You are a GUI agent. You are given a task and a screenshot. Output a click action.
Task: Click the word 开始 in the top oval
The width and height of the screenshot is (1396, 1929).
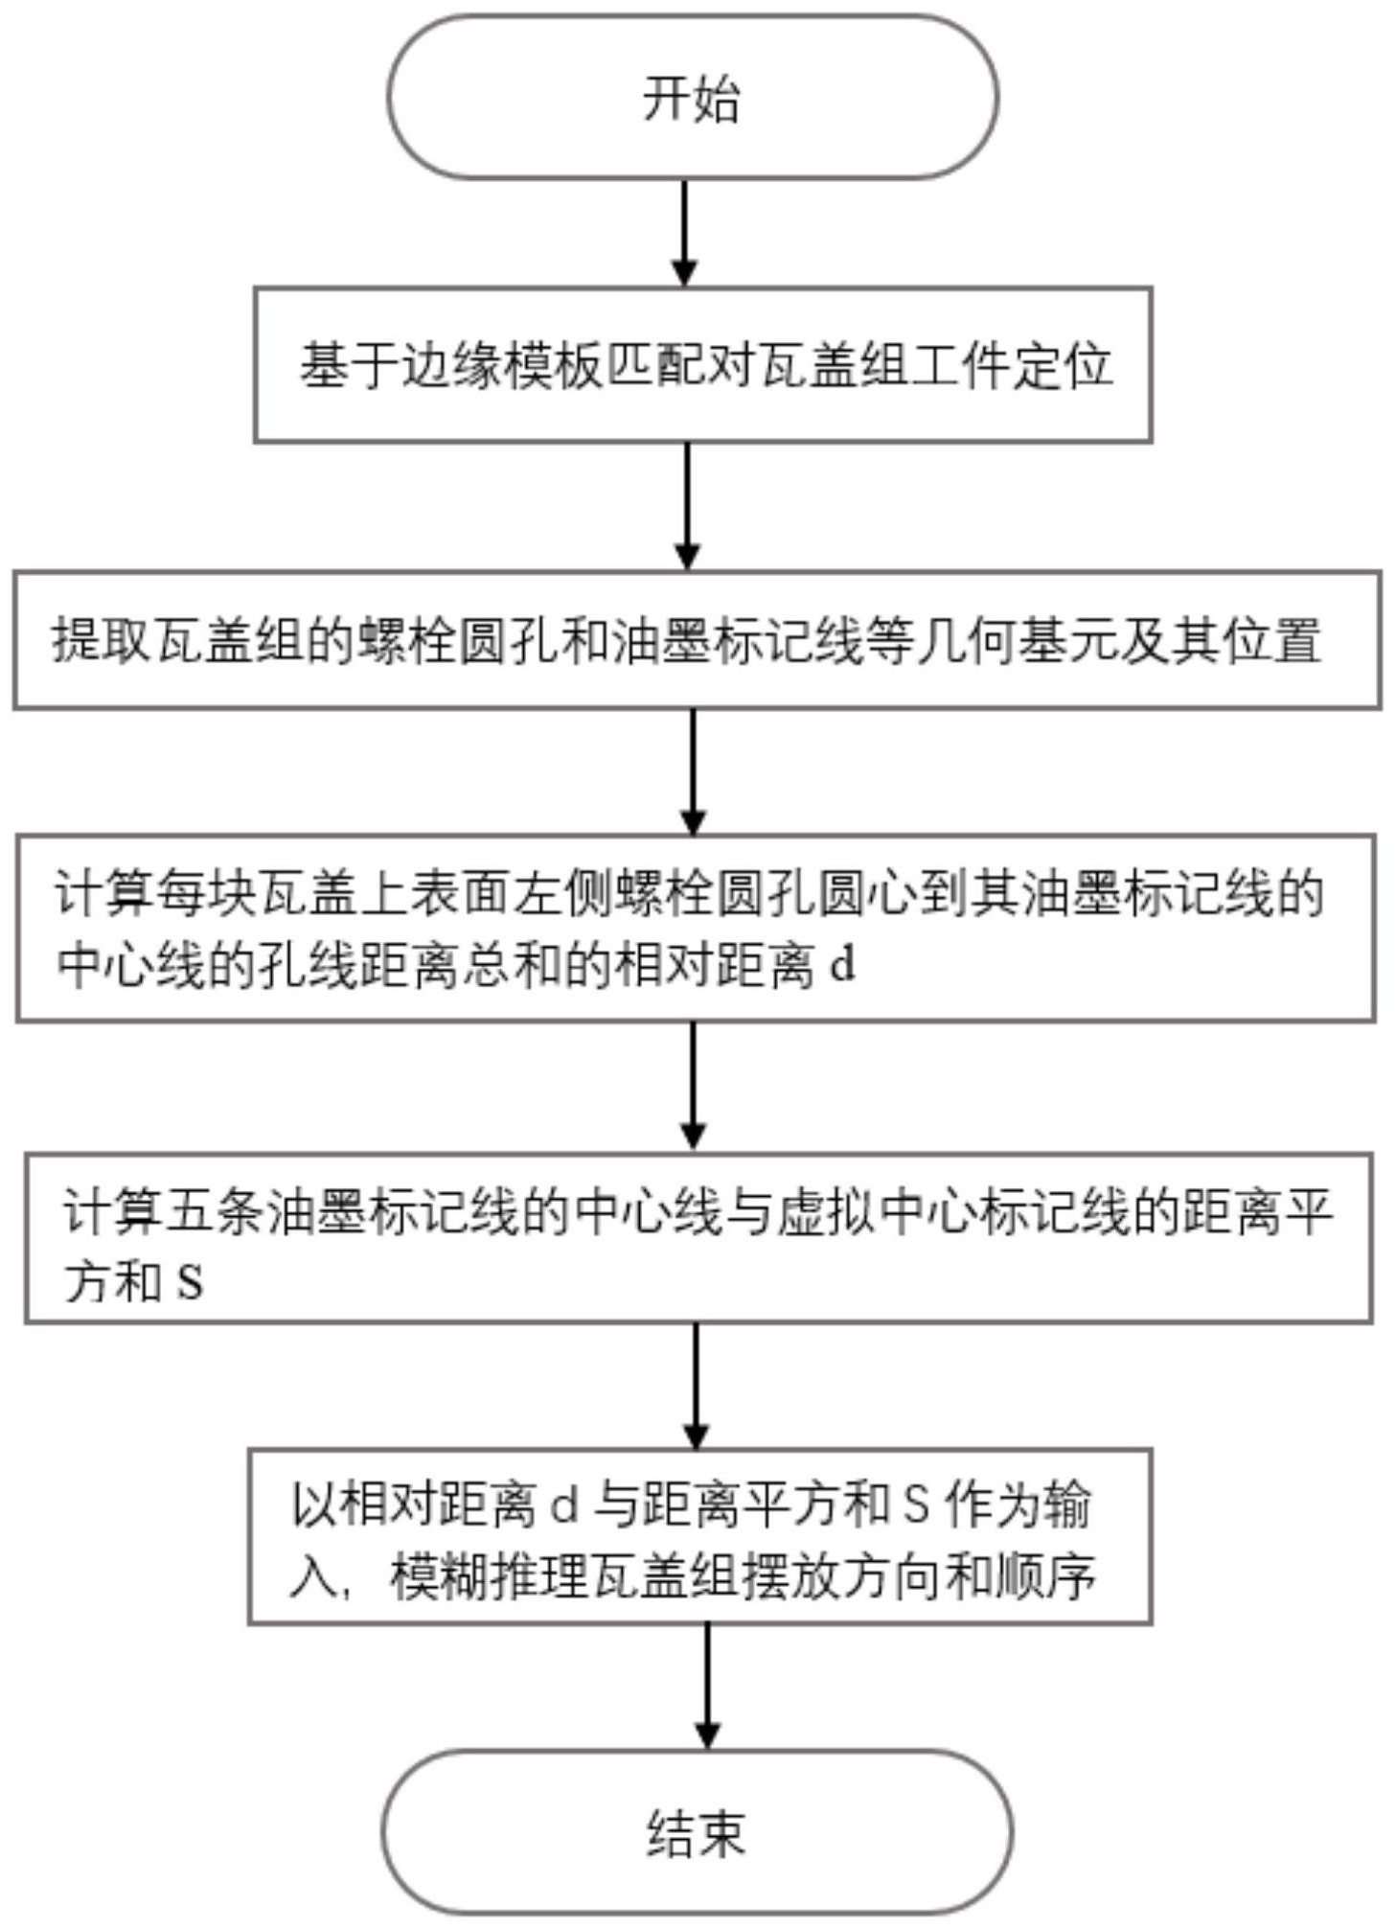click(691, 99)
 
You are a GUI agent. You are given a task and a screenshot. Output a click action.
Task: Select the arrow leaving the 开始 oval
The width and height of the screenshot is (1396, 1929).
click(684, 233)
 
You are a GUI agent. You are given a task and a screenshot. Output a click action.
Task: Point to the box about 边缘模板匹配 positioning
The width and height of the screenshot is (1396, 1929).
click(702, 364)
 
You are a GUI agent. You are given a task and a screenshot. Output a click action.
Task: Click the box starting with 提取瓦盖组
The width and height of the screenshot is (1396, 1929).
click(697, 639)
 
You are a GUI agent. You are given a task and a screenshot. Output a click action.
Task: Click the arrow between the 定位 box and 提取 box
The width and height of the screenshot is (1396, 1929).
click(688, 507)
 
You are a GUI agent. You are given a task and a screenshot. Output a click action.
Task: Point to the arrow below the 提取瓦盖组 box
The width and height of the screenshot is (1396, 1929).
click(693, 771)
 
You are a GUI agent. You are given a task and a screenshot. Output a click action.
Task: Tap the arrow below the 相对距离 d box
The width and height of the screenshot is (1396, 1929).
click(693, 1087)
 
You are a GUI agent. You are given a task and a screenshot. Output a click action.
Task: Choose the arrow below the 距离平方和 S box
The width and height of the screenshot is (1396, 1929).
click(697, 1387)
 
